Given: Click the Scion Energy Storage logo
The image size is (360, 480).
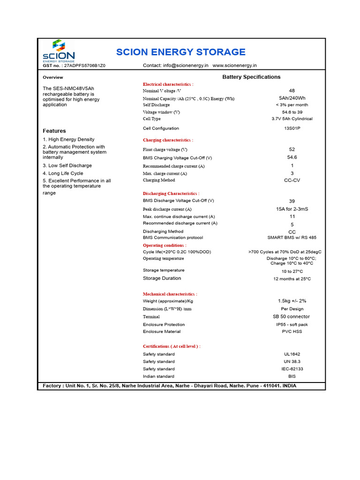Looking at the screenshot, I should pos(58,51).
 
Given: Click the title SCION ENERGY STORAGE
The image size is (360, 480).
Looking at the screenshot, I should pos(180,52).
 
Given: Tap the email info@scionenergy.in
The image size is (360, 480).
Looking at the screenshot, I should pos(186,66).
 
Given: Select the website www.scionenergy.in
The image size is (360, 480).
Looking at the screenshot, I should pos(234,66).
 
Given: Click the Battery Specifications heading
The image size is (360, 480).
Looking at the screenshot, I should pos(251,77).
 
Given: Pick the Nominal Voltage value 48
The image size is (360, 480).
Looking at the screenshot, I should pos(292,90).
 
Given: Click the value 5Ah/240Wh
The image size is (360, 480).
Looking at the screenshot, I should pos(292,98).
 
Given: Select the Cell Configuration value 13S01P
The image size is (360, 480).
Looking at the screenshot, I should pos(292,128).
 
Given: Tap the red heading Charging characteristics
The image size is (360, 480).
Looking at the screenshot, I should pos(167,140).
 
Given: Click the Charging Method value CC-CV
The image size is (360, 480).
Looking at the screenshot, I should pos(292,180).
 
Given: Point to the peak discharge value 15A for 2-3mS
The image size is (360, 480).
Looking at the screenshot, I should pos(292,209).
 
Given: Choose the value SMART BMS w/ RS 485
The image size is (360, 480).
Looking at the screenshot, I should pos(292,238).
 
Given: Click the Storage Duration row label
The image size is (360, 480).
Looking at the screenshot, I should pos(162,278).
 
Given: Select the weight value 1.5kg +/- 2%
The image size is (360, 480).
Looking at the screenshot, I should pos(292,301).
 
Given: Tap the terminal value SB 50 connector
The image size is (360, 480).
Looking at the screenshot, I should pos(291,316).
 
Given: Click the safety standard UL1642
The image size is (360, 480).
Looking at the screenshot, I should pos(292,354).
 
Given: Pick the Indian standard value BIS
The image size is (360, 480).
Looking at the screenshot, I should pos(292,376).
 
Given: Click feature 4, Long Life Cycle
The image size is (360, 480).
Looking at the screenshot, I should pos(63,173).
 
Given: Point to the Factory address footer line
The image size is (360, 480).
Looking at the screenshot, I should pos(169,386).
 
